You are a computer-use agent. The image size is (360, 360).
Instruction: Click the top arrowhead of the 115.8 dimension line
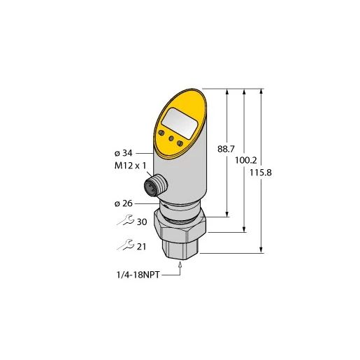tap(261, 91)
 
